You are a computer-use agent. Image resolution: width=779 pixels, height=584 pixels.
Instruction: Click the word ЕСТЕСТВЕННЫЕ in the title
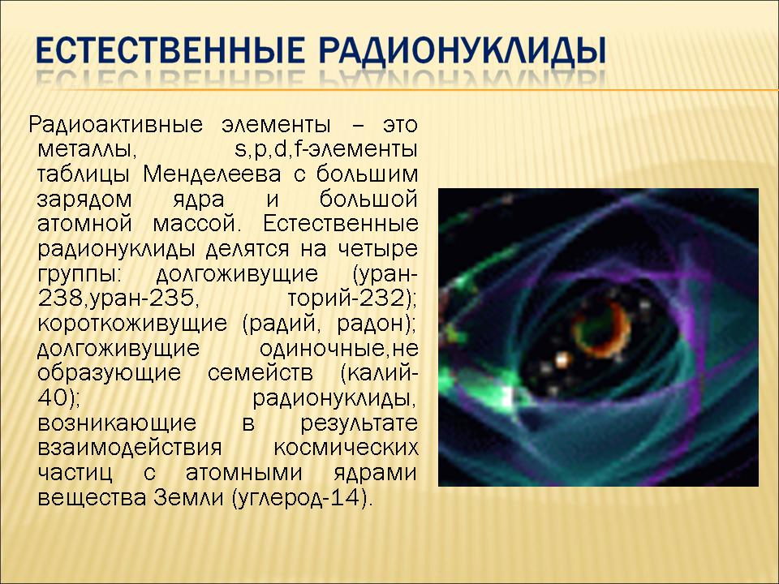[170, 49]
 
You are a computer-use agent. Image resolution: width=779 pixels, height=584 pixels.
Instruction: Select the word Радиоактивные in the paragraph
[115, 125]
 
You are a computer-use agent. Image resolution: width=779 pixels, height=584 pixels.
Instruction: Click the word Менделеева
[212, 175]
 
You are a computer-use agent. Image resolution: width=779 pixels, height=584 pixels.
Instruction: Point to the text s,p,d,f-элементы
[326, 149]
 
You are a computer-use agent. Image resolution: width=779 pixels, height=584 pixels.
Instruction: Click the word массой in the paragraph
[196, 224]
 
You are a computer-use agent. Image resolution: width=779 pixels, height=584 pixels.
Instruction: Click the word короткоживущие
[132, 324]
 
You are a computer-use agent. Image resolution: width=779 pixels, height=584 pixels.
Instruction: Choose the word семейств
[260, 373]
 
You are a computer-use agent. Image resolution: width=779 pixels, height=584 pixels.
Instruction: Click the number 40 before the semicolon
[52, 397]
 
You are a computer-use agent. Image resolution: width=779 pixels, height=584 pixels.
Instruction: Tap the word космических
[346, 448]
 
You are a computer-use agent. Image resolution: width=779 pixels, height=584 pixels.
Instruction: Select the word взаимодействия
[130, 448]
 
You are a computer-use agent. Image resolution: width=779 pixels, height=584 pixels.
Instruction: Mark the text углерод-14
[299, 498]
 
